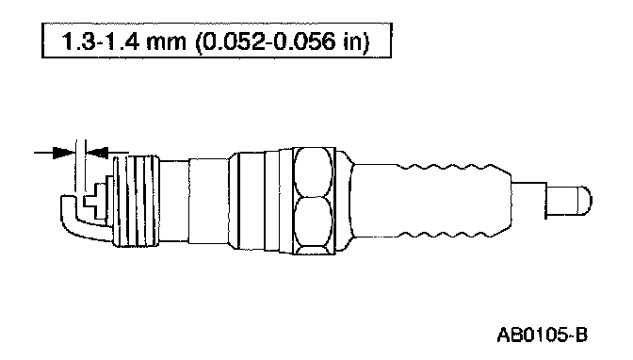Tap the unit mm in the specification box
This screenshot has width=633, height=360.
[166, 42]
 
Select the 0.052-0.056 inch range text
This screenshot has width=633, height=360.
[266, 41]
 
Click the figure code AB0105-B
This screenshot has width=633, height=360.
[543, 335]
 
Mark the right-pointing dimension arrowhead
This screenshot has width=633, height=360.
[64, 153]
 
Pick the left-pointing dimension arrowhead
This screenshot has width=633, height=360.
[97, 153]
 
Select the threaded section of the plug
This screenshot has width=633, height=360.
[136, 202]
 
